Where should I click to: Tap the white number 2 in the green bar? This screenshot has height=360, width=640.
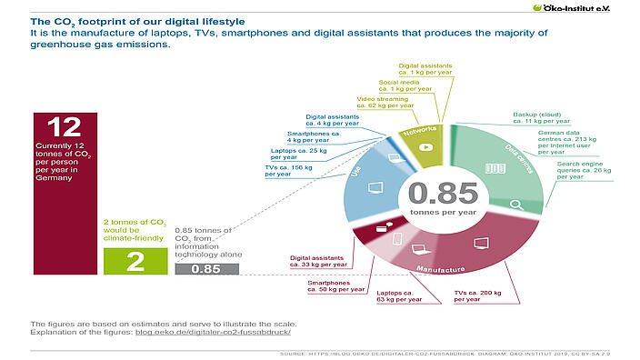pos(135,262)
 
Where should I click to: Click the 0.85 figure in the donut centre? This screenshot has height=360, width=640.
pos(442,193)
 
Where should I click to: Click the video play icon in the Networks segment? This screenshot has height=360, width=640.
pos(425,147)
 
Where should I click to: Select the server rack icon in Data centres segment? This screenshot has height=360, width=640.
pos(495,167)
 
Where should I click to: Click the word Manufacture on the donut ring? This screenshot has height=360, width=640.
pos(442,269)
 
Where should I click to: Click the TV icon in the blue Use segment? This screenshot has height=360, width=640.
pos(374,189)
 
